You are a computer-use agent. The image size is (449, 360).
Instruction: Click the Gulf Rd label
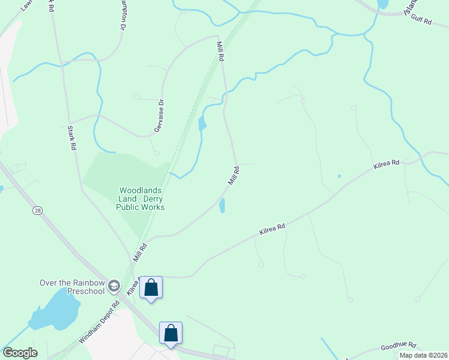point(421,21)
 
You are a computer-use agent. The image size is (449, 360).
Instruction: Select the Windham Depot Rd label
point(98,322)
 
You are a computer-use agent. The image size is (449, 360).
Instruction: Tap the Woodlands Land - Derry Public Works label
point(140,199)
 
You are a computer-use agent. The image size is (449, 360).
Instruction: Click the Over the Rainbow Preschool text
point(72,287)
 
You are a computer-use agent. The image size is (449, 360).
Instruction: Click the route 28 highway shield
point(38,211)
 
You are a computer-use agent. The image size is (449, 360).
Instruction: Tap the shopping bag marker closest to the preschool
point(151,287)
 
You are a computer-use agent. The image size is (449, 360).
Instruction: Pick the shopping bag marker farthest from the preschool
point(170,333)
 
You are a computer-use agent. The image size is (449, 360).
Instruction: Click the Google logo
point(20,353)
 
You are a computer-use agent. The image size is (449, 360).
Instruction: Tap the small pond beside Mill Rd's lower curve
point(223,206)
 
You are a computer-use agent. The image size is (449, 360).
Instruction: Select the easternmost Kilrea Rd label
point(386,165)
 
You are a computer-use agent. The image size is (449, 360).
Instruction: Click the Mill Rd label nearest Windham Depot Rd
point(140,251)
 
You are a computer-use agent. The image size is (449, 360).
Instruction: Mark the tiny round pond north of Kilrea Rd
point(339,176)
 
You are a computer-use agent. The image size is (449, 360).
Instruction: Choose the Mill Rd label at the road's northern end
point(220,50)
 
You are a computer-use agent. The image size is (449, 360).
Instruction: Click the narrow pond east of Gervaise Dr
point(202,124)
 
